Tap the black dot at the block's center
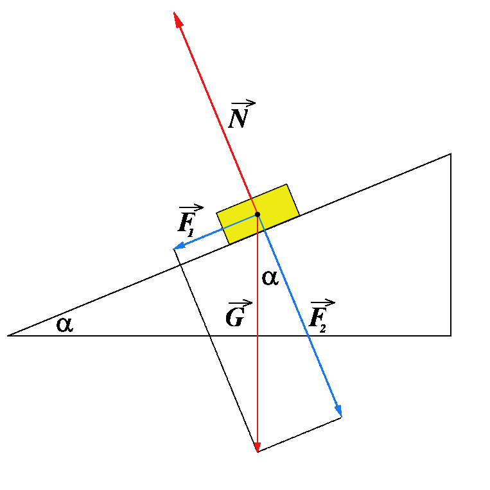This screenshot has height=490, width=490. point(257,214)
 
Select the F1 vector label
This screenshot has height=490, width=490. point(188,221)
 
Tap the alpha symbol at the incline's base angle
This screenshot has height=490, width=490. point(65,324)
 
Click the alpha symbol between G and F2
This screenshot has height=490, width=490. point(270,278)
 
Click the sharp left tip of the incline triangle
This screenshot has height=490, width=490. point(9,335)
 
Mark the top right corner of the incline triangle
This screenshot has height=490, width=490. point(451,154)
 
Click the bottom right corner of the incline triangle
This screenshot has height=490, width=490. point(451,335)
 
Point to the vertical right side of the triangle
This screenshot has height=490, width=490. point(451,244)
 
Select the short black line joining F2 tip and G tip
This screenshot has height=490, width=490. point(299,434)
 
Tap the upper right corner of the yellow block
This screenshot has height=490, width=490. point(286,185)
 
